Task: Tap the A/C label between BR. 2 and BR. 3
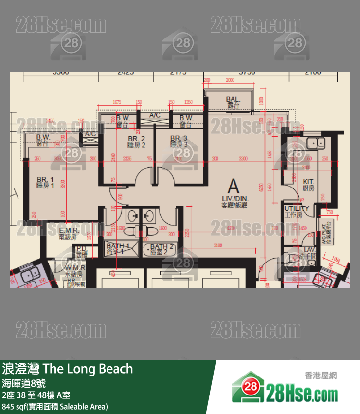[155, 115]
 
